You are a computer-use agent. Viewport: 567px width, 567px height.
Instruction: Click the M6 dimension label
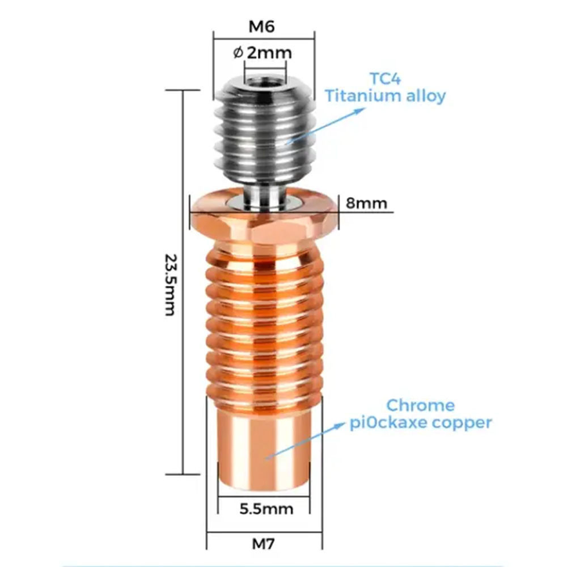[261, 27]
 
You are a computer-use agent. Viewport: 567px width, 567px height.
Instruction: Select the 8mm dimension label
[366, 203]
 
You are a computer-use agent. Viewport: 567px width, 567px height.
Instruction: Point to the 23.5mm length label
[171, 285]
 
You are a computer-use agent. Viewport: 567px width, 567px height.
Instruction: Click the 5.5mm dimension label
[266, 509]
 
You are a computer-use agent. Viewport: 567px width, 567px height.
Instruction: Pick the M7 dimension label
[263, 544]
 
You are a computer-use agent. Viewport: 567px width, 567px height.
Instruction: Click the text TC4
[385, 78]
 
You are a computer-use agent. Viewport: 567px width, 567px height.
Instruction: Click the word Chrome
[420, 405]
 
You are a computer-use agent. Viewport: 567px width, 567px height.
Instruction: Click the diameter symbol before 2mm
[238, 53]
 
